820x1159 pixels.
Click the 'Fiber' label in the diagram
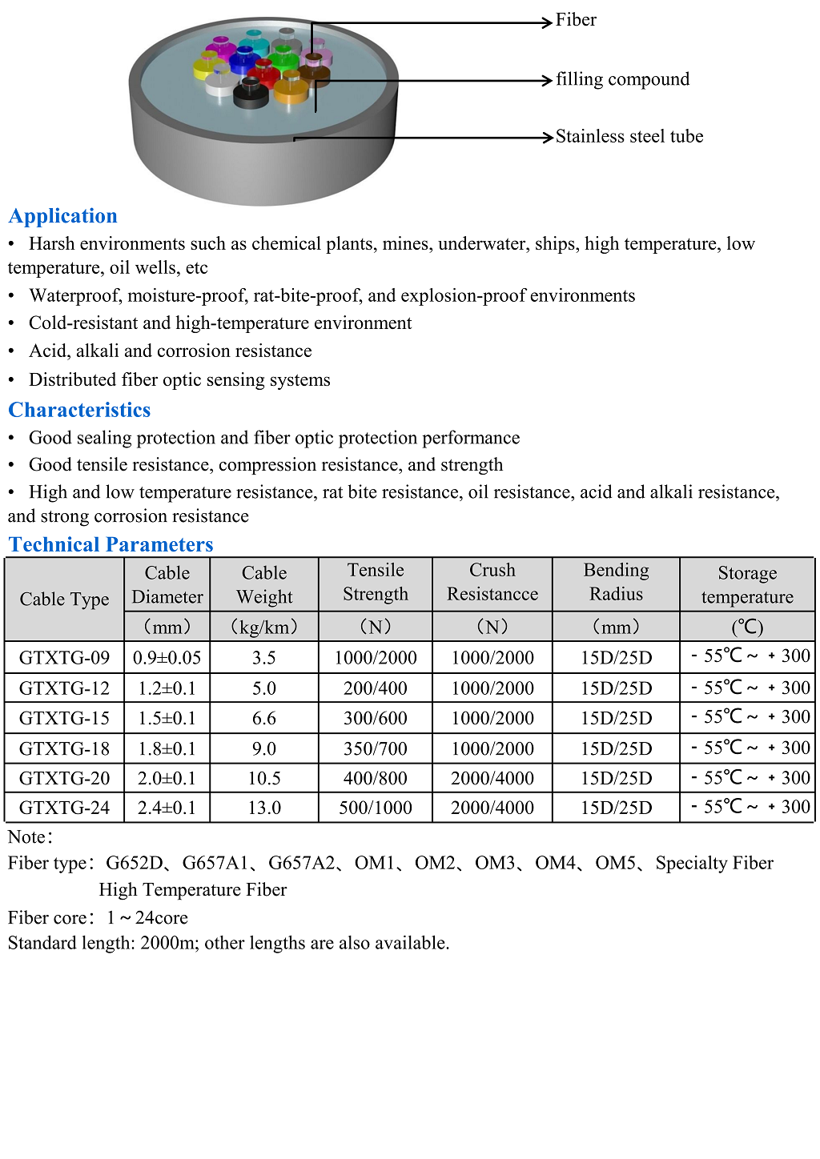(x=576, y=20)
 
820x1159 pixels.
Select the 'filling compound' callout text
(x=622, y=79)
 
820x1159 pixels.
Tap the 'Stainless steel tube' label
(x=629, y=137)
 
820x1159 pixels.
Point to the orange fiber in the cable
(x=291, y=90)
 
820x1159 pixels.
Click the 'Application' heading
(x=63, y=216)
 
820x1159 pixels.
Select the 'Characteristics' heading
(x=79, y=410)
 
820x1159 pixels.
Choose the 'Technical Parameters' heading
(x=111, y=545)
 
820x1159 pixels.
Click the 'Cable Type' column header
(x=64, y=600)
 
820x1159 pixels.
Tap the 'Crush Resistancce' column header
(x=492, y=582)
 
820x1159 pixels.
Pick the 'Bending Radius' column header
(x=616, y=582)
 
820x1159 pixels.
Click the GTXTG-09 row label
(x=64, y=658)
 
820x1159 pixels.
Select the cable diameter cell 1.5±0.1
(x=167, y=719)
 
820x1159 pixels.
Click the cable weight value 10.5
(x=264, y=779)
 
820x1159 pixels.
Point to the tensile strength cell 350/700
(x=375, y=749)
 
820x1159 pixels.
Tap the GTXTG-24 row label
(x=64, y=808)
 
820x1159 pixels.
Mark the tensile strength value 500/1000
(x=375, y=808)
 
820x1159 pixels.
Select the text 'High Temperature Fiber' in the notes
(x=192, y=890)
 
